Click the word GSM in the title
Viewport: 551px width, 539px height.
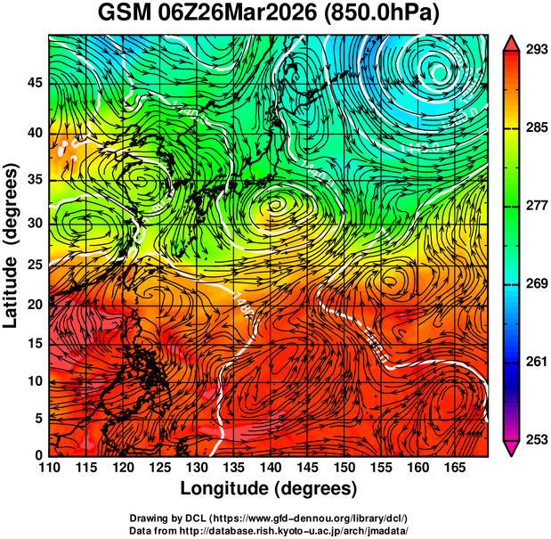[126, 14]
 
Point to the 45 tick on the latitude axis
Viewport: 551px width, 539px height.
[33, 83]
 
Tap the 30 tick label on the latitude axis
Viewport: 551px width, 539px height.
[33, 223]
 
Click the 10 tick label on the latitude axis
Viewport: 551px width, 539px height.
[33, 381]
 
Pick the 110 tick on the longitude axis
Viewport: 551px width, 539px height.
[49, 467]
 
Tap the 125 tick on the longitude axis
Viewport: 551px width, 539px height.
[158, 467]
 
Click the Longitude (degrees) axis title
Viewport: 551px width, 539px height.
[269, 488]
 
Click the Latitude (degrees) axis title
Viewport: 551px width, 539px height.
[12, 245]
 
